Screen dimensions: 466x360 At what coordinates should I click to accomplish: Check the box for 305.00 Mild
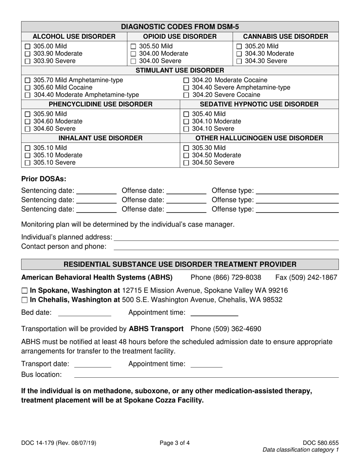[x=27, y=46]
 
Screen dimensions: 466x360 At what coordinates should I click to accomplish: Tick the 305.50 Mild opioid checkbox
[x=133, y=46]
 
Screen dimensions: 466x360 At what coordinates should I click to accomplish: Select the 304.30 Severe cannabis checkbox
[x=239, y=61]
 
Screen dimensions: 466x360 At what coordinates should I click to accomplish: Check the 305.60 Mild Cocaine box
[x=27, y=88]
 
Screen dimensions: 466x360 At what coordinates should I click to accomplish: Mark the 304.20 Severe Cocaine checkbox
[x=186, y=95]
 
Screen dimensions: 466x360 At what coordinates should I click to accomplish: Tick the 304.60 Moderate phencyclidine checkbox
[x=27, y=122]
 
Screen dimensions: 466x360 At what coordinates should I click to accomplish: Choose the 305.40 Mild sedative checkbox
[x=186, y=114]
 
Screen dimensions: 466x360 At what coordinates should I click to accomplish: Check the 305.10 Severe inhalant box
[x=27, y=163]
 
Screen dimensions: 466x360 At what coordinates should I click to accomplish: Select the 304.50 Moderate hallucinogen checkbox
[x=186, y=155]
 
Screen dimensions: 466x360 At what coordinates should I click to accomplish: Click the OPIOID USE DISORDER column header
[x=180, y=36]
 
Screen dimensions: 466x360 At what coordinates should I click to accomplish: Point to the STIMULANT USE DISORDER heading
[x=180, y=70]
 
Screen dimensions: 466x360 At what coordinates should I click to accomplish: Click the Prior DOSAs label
[x=38, y=179]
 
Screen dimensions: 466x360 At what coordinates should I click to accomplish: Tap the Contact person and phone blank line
[x=226, y=247]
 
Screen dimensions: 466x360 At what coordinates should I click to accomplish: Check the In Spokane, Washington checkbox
[x=25, y=291]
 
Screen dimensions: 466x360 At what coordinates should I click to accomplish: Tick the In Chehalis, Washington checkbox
[x=25, y=300]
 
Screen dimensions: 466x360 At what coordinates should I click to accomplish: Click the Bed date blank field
[x=85, y=314]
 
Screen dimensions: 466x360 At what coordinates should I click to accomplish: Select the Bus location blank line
[x=206, y=375]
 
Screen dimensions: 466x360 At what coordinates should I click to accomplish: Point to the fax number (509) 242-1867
[x=306, y=278]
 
